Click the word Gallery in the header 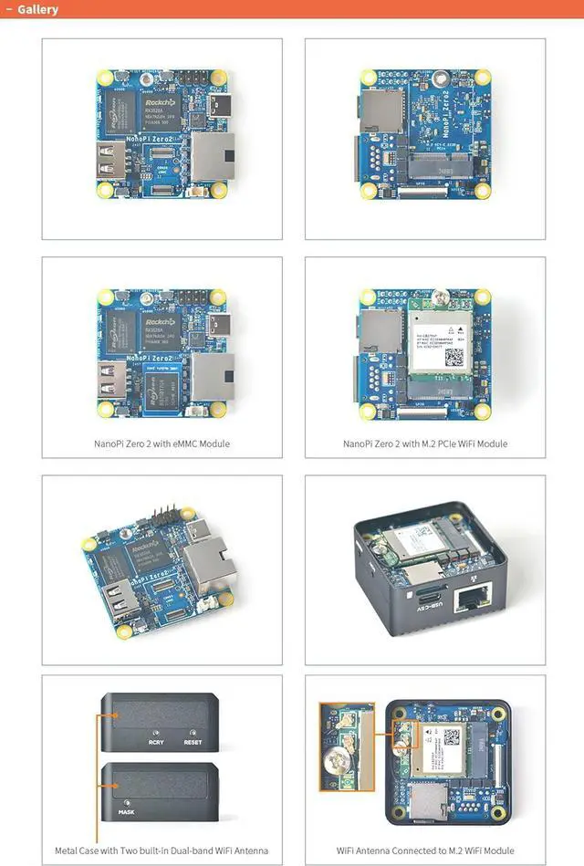click(36, 9)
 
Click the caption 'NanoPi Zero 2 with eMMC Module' click(162, 443)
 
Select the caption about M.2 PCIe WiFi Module click(424, 443)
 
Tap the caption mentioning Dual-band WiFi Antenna click(162, 850)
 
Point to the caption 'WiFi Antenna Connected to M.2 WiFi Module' click(424, 850)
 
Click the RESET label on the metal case click(193, 741)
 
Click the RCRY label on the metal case click(156, 741)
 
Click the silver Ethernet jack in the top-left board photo click(211, 156)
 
